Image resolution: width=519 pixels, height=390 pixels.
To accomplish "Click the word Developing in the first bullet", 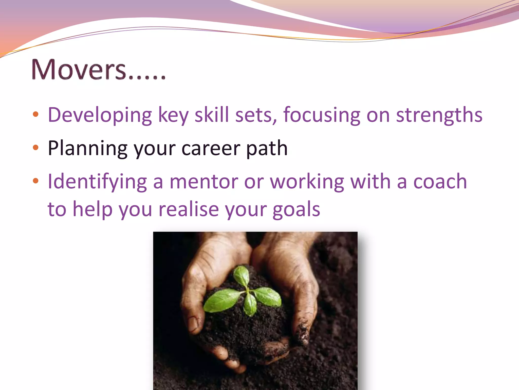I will point(100,115).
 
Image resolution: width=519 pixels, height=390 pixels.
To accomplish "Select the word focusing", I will point(322,115).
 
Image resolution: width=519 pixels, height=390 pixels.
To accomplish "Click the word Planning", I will point(87,149).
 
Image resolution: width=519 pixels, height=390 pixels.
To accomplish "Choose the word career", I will point(211,149).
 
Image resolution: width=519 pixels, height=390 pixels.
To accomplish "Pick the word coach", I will point(440,182).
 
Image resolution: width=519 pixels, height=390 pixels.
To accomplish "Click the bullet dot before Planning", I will point(35,148).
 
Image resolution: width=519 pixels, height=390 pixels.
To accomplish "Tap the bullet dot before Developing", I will point(35,114).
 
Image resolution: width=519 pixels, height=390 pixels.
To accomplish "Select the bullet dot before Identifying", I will point(35,181).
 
